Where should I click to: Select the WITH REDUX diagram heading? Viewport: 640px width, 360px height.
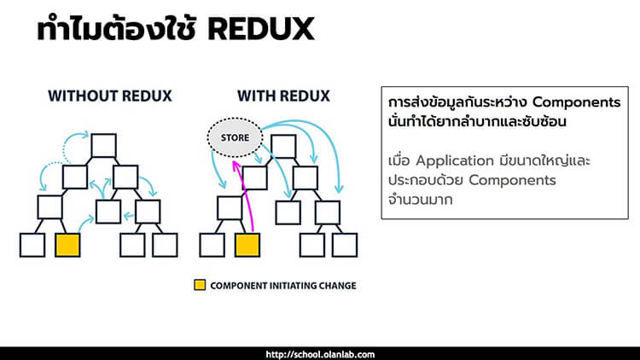272,96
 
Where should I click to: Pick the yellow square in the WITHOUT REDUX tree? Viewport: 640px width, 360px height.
67,245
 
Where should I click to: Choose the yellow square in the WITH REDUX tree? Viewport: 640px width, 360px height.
247,245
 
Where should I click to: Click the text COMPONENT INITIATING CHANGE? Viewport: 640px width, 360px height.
283,285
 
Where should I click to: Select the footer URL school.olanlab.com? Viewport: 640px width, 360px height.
320,353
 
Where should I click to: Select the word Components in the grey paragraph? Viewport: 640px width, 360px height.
512,180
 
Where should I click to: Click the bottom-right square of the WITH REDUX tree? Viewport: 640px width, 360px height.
345,245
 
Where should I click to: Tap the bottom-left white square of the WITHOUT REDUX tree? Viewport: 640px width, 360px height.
32,245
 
